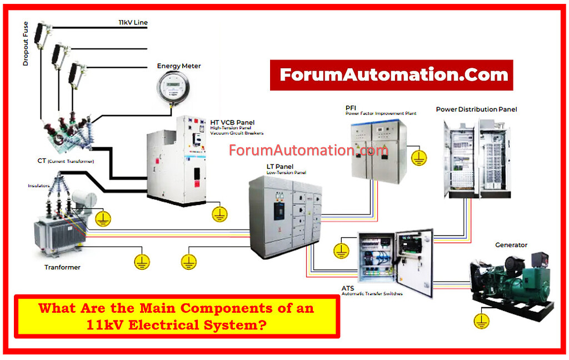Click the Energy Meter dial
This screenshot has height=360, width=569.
click(171, 88)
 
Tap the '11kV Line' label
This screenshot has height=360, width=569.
click(133, 23)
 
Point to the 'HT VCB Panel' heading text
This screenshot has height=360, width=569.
click(232, 122)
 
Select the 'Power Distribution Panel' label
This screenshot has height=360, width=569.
click(476, 109)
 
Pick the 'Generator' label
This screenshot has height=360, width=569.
click(511, 245)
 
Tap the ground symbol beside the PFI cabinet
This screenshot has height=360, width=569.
click(419, 157)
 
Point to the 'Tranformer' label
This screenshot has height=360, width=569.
click(62, 267)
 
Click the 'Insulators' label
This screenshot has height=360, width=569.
click(39, 186)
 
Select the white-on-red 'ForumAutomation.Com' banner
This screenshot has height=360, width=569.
click(391, 75)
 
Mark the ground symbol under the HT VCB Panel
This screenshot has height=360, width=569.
click(220, 213)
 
